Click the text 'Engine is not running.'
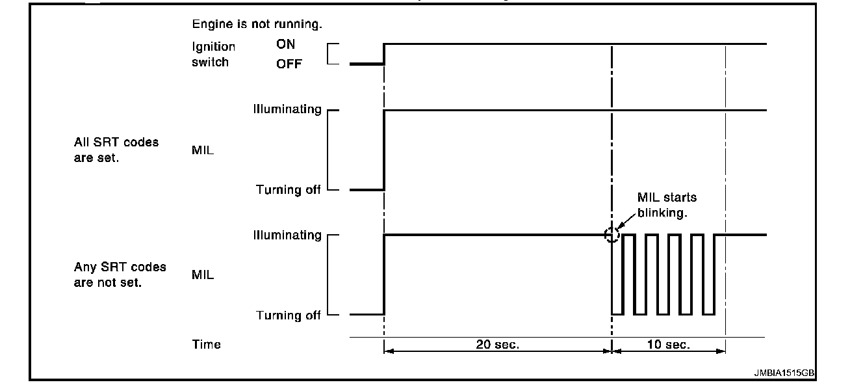257,25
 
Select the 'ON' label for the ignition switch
285,46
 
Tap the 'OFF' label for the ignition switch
289,64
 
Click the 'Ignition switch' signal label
213,55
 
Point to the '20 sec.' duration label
498,345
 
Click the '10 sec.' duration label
669,345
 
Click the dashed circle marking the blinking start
612,235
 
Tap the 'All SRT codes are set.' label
116,150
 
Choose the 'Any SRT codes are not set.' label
120,275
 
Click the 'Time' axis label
206,345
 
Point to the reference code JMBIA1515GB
784,373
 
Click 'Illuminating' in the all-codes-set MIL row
287,109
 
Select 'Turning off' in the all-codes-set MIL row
288,190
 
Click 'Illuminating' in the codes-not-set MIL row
287,235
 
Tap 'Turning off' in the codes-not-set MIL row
288,315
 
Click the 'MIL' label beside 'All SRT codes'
203,150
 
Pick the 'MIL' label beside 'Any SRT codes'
203,275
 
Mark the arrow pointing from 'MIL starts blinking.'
625,222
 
